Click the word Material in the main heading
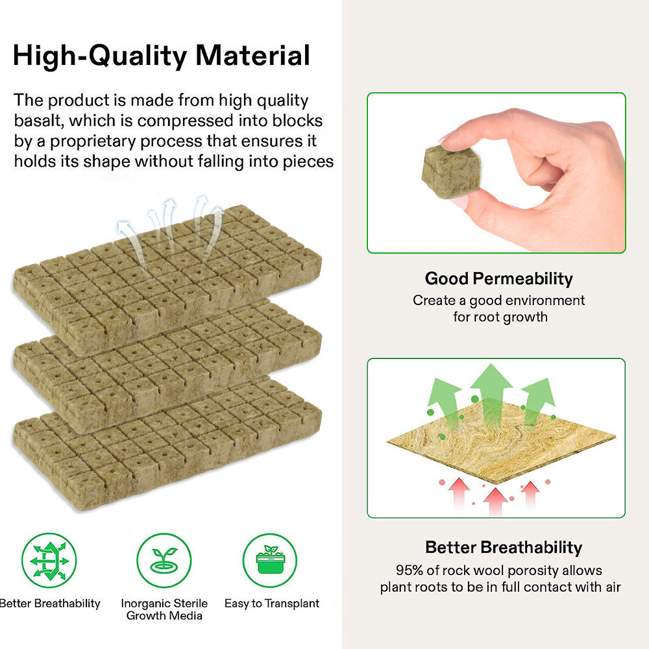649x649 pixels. [x=253, y=56]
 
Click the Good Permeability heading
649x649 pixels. [x=498, y=278]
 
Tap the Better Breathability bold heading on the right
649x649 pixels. [x=503, y=547]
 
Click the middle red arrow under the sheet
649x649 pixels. [x=496, y=500]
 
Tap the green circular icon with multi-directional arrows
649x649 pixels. [x=49, y=560]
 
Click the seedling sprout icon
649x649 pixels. [x=164, y=560]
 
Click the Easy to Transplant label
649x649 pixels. [x=272, y=604]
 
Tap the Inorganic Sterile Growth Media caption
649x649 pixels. [x=164, y=609]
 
